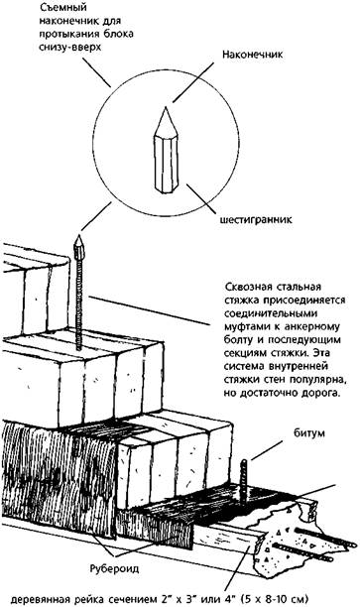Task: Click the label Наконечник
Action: point(252,55)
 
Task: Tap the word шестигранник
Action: point(256,220)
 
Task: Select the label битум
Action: point(308,433)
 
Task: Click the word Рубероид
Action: point(114,568)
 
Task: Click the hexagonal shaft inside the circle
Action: point(166,164)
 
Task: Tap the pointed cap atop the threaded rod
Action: point(79,248)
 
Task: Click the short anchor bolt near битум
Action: point(244,483)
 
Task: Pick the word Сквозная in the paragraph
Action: point(246,288)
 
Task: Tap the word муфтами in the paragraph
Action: point(246,327)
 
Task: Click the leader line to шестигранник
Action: point(201,198)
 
